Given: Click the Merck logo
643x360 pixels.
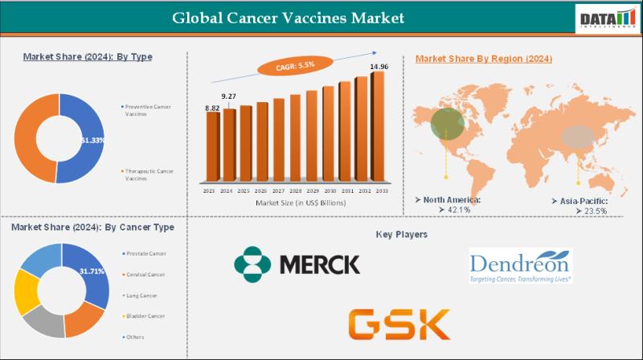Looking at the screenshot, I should tap(297, 264).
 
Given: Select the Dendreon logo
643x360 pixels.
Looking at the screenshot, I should tap(520, 265).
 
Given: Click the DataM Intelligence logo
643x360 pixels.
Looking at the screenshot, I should tap(604, 18).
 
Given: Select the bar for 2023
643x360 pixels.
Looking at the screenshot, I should tap(212, 149).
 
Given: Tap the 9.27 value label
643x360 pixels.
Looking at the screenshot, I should tap(229, 96).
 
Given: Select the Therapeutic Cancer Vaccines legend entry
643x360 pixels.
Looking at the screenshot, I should tap(148, 174).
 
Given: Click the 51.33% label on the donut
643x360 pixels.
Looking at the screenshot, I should tap(93, 139).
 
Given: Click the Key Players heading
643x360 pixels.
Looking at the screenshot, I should tap(402, 235).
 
